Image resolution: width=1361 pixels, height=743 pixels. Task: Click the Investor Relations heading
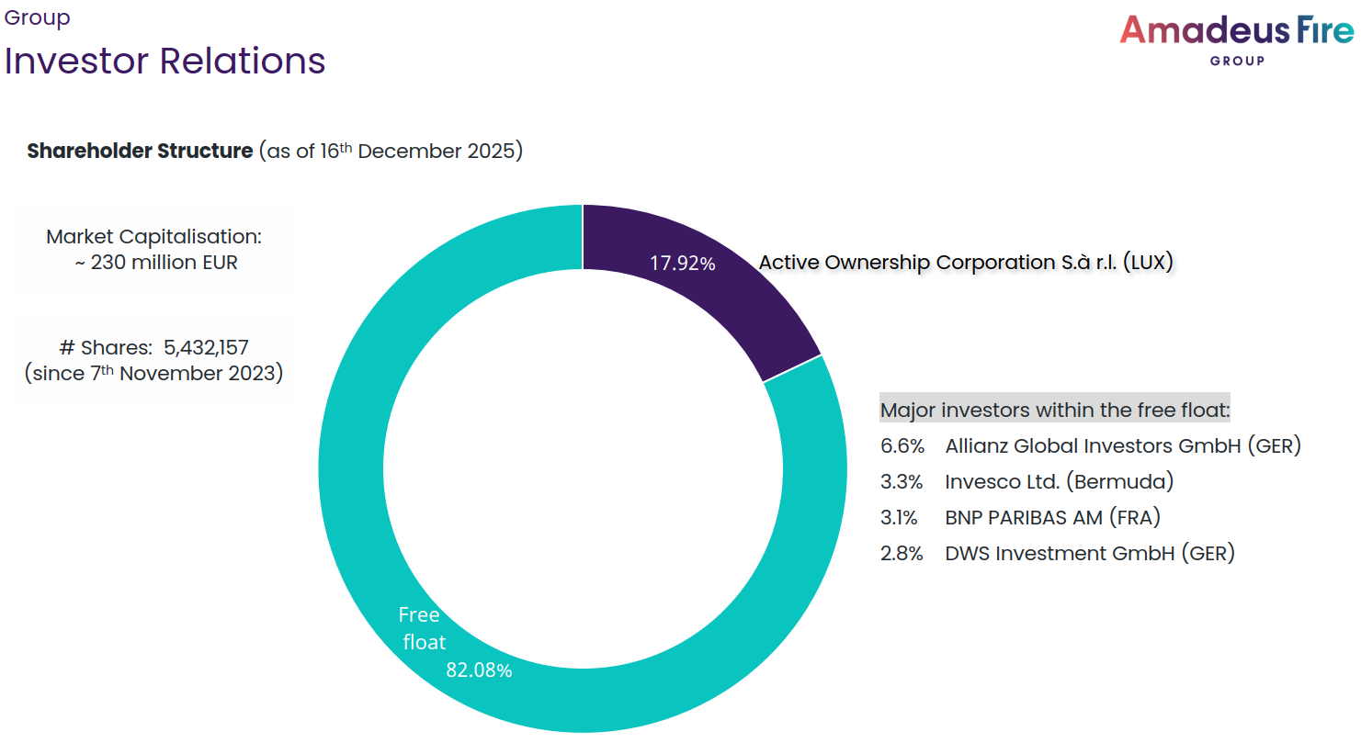165,61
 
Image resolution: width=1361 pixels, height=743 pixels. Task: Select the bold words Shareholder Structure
140,151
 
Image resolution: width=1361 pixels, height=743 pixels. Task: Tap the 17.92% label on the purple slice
682,264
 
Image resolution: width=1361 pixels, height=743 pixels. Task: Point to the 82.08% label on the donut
479,670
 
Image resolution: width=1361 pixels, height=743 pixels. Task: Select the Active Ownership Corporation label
965,263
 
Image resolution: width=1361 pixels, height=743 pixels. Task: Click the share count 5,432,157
206,348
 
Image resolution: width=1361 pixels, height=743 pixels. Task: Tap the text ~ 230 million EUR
154,263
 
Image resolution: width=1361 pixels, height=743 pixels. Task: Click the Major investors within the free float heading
1054,410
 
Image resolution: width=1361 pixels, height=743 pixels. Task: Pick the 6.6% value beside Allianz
902,446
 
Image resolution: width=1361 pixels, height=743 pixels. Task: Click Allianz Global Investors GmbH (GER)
1122,446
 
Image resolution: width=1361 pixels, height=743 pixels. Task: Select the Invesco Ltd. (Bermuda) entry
1059,481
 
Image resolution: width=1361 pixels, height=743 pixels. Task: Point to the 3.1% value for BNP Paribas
899,518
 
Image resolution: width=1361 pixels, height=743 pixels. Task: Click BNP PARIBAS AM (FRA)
1052,518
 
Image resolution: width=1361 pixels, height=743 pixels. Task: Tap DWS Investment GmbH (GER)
1089,554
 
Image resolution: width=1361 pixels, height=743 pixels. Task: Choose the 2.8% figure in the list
902,554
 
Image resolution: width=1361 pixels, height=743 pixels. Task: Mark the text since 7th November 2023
153,374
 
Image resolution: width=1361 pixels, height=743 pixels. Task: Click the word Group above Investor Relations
38,17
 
